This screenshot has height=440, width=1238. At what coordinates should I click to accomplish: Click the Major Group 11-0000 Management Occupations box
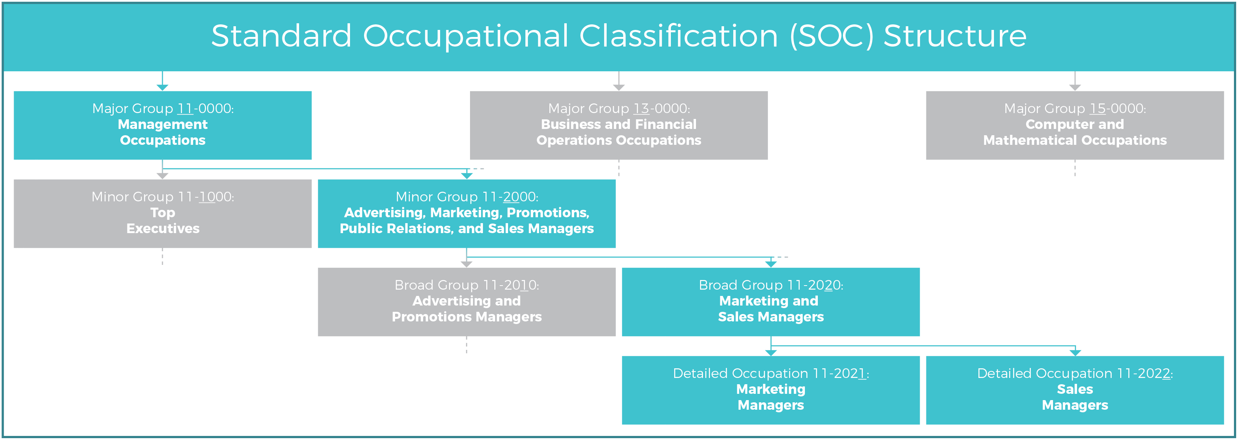click(162, 125)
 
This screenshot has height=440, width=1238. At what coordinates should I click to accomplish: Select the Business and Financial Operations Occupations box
click(618, 125)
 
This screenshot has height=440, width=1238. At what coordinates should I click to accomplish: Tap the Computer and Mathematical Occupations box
click(1074, 125)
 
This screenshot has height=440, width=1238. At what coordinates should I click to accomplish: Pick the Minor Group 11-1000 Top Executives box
click(162, 214)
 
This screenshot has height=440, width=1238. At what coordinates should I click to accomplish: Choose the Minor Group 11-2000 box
click(466, 214)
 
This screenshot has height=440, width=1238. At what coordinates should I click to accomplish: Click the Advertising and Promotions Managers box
click(466, 301)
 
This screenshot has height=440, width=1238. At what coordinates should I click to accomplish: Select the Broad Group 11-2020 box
click(771, 301)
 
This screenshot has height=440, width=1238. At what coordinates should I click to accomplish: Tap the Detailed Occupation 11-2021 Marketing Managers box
click(771, 390)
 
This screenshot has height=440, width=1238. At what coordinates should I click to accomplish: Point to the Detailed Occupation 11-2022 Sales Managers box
click(1074, 390)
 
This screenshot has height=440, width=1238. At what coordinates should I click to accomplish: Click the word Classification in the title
click(678, 36)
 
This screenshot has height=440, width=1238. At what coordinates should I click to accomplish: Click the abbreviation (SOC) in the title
click(831, 36)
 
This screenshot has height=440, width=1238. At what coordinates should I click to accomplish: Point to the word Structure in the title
click(955, 36)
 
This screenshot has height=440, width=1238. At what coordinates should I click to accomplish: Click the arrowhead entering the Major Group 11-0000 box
click(162, 88)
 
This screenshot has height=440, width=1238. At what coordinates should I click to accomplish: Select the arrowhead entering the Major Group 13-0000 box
click(618, 88)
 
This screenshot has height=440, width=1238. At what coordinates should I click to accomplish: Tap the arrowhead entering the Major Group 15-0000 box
click(1074, 88)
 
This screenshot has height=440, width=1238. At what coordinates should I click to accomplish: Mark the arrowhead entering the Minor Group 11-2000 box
click(466, 176)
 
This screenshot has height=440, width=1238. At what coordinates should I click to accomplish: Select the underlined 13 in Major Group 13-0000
click(641, 109)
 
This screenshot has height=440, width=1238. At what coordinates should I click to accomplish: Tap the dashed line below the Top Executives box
click(162, 256)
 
